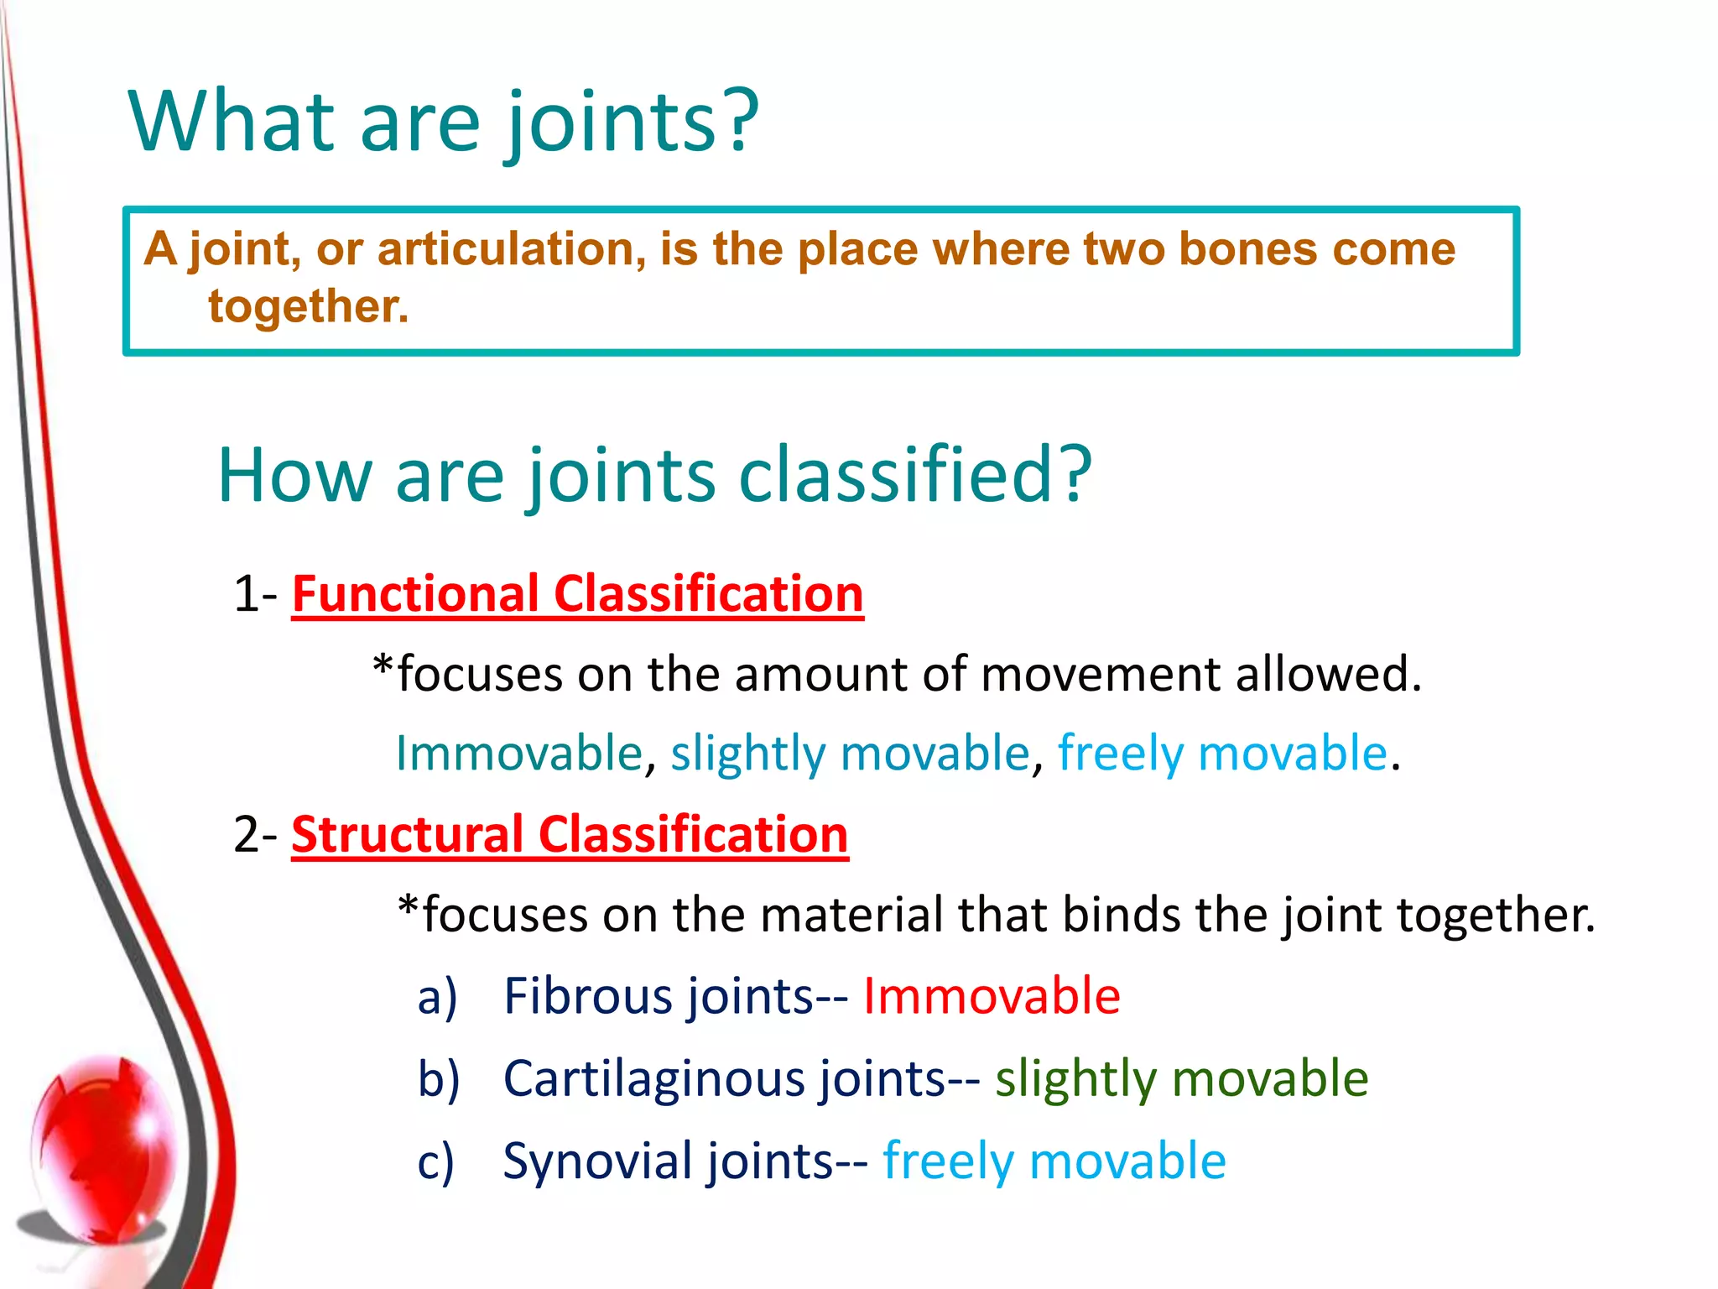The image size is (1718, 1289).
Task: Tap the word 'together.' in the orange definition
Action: coord(308,306)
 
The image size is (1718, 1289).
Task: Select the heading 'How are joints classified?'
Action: coord(653,475)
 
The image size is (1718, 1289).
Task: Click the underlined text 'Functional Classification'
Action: coord(577,594)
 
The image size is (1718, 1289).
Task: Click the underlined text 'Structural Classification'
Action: coord(570,835)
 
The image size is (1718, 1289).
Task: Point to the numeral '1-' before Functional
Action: coord(255,594)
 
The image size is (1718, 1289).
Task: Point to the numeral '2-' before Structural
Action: coord(255,835)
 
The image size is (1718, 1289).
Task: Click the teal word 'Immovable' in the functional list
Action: coord(518,753)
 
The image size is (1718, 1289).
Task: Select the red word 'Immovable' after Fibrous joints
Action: coord(992,996)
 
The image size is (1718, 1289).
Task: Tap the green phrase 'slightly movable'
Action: coord(1181,1078)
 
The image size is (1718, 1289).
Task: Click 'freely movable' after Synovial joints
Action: coord(1054,1161)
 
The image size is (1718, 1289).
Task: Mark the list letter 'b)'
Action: coord(439,1078)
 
